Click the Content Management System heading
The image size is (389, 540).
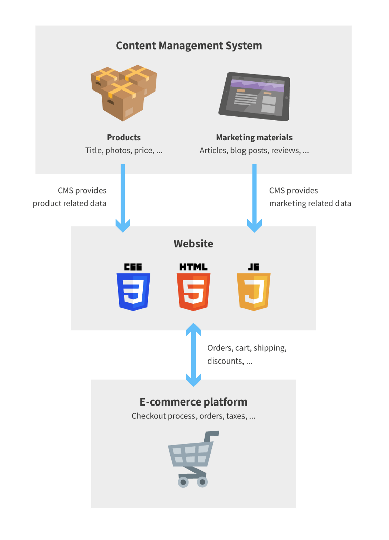[x=189, y=46]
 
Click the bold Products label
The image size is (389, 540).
[x=124, y=137]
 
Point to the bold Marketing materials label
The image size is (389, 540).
[x=254, y=137]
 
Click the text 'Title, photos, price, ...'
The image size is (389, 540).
[x=124, y=150]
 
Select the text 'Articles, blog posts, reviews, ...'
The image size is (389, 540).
[x=254, y=150]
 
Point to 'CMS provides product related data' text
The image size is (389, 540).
[x=70, y=197]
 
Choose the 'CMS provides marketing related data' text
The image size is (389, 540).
[x=310, y=197]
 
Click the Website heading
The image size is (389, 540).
[x=193, y=243]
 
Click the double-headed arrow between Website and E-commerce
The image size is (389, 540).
[x=193, y=355]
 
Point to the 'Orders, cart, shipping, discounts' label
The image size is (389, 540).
[x=247, y=354]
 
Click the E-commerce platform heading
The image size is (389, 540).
[x=193, y=402]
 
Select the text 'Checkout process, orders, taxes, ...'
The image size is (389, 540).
[x=193, y=416]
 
